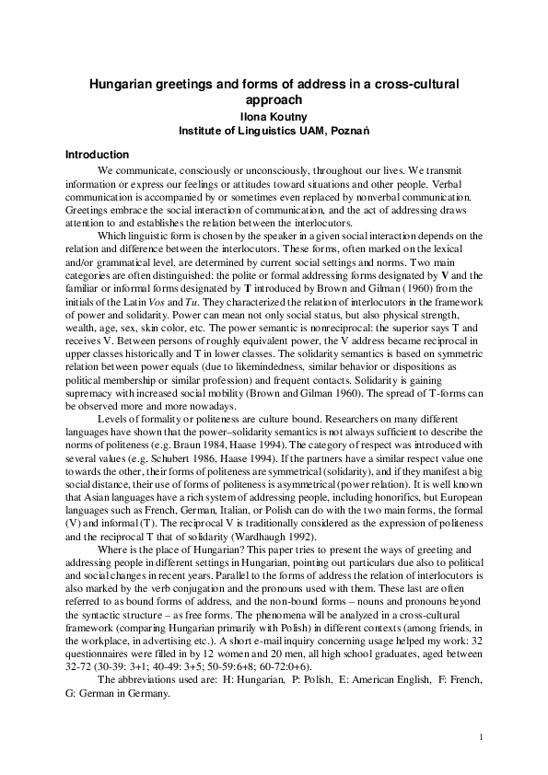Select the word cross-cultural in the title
pos(420,85)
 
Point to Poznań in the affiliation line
pos(351,131)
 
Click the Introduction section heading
pos(97,155)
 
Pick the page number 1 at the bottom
pos(482,736)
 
